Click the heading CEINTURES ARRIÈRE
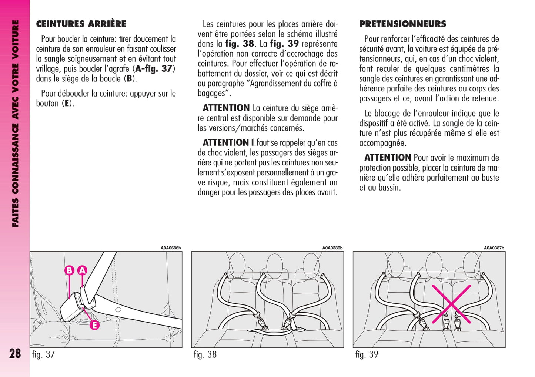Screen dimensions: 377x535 click(81, 24)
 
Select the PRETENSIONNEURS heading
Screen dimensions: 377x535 click(402, 24)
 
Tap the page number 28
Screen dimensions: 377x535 click(15, 353)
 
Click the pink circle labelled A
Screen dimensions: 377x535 click(82, 270)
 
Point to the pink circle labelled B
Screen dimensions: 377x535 click(69, 270)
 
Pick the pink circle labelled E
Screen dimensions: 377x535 click(94, 325)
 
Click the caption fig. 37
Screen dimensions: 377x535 click(43, 354)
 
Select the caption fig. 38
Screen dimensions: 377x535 click(205, 354)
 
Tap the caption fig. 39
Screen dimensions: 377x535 click(367, 354)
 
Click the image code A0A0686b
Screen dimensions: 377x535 click(171, 248)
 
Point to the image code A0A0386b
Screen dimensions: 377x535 click(332, 248)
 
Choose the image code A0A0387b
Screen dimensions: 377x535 click(494, 248)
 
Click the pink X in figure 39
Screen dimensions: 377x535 click(451, 304)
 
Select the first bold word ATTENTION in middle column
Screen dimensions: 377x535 click(226, 108)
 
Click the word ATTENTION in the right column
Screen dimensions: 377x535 click(388, 158)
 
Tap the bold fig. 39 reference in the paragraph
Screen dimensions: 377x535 click(284, 44)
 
